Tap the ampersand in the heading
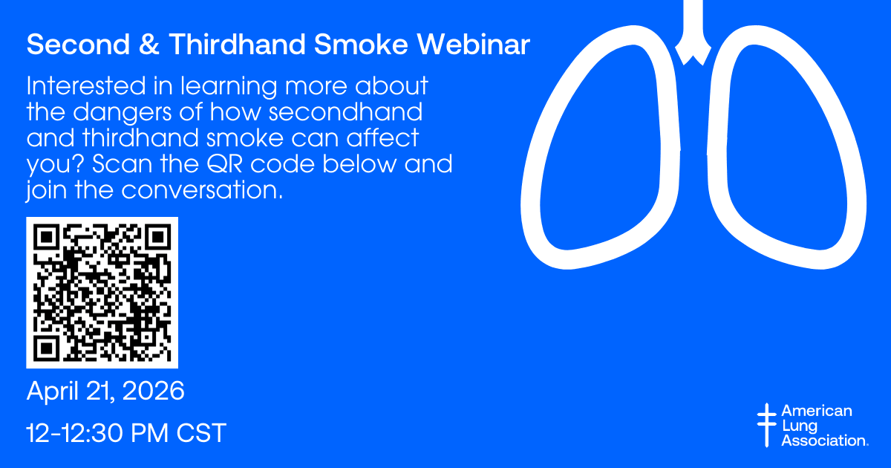[149, 44]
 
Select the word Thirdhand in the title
[238, 44]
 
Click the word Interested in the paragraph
[86, 85]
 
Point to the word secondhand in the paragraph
[346, 111]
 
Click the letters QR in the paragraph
[225, 163]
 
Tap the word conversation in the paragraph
[202, 190]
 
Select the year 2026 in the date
[154, 391]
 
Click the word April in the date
[52, 391]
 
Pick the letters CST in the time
[201, 432]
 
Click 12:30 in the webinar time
[90, 432]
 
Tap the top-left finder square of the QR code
[47, 237]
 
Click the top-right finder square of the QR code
[158, 237]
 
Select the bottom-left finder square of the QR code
[47, 348]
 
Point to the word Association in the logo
[825, 441]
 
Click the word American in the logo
[817, 411]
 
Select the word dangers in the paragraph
[124, 113]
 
